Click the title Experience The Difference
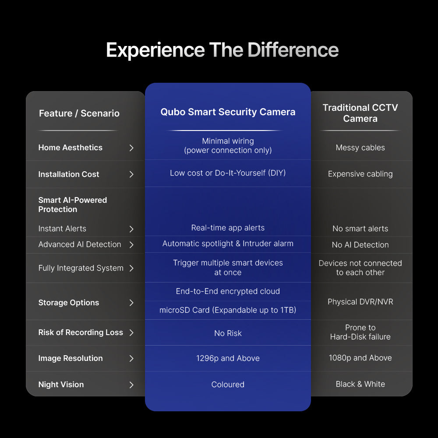click(223, 50)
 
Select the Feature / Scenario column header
click(79, 113)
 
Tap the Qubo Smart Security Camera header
click(228, 112)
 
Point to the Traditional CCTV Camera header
click(360, 113)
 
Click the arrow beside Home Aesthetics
click(131, 148)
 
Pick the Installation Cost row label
click(69, 174)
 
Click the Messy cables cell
click(360, 148)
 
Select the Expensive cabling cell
click(360, 174)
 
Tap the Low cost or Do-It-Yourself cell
click(228, 173)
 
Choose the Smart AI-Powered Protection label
click(73, 205)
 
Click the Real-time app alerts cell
click(228, 228)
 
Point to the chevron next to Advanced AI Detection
click(131, 245)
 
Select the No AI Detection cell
click(360, 245)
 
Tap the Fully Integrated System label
click(81, 268)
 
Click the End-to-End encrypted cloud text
click(228, 291)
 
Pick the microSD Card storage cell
click(228, 310)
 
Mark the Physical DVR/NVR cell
click(360, 302)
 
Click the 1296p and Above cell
click(228, 358)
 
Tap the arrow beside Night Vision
click(131, 385)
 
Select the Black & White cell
click(360, 385)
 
